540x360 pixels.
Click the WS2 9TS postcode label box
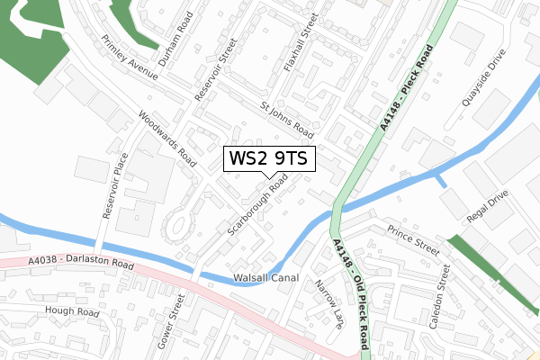coord(269,159)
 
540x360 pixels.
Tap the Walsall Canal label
coord(265,278)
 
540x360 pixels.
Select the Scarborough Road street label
coord(257,206)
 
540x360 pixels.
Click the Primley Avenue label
coord(130,58)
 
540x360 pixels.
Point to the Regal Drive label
coord(490,207)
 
